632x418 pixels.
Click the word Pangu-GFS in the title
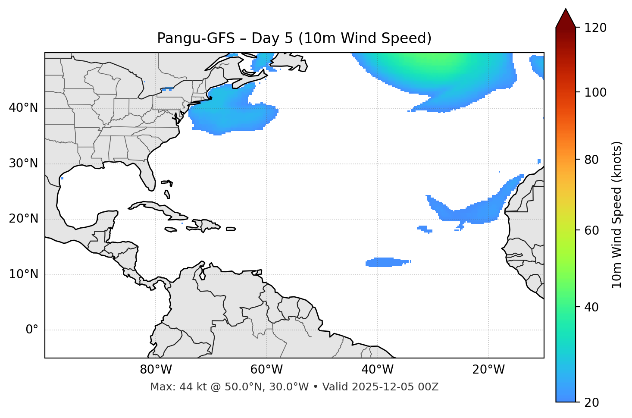196,38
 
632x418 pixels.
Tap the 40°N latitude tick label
23,108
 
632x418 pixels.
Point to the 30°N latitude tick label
23,163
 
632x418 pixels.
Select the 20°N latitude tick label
23,219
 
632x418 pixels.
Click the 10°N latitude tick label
23,274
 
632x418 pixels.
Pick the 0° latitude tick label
32,330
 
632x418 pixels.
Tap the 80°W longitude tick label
156,370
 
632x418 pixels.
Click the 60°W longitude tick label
266,370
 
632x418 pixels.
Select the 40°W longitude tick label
377,370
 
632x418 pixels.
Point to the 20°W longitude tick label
488,370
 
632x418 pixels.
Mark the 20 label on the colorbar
591,402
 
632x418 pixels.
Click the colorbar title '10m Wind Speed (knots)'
617,214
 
